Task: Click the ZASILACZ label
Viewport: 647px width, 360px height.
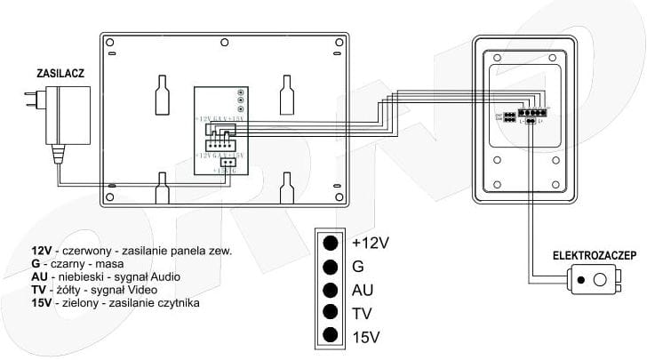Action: pyautogui.click(x=60, y=73)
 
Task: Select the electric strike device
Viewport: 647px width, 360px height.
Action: pyautogui.click(x=592, y=281)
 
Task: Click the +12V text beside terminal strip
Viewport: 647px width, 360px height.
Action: pyautogui.click(x=371, y=242)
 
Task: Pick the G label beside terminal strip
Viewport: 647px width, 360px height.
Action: pyautogui.click(x=359, y=266)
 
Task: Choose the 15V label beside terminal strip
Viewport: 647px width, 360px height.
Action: pyautogui.click(x=366, y=336)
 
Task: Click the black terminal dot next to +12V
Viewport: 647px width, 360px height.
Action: pyautogui.click(x=331, y=243)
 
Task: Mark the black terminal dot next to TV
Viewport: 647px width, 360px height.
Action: pyautogui.click(x=331, y=313)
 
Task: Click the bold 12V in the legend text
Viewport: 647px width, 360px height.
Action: pyautogui.click(x=42, y=252)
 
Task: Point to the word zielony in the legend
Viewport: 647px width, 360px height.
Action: pyautogui.click(x=78, y=303)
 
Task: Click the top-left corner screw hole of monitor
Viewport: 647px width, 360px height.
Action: pyautogui.click(x=108, y=41)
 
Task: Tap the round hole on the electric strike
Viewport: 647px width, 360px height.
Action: pyautogui.click(x=599, y=281)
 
